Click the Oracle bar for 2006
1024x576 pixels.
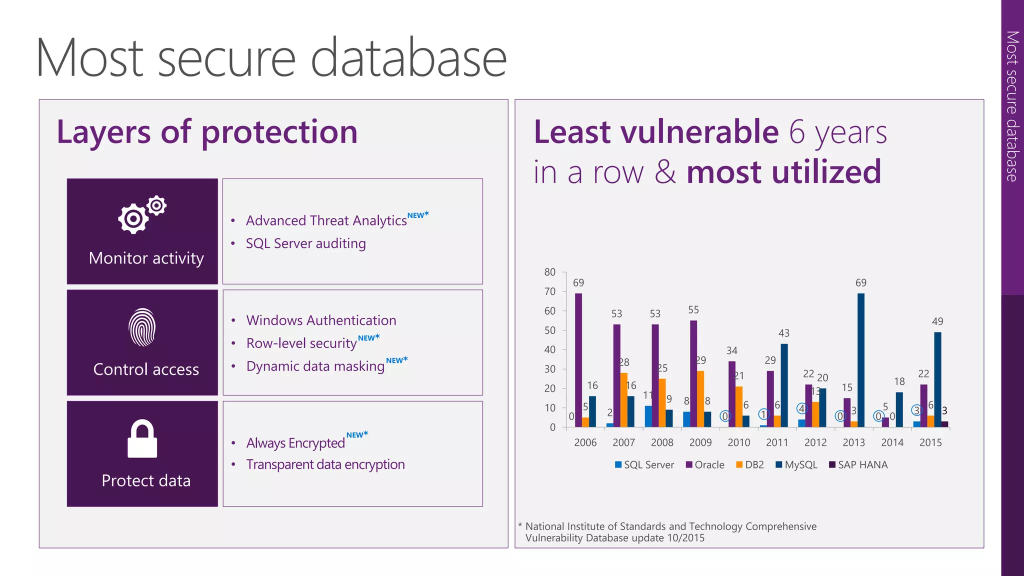click(578, 360)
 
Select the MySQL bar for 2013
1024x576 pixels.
click(860, 360)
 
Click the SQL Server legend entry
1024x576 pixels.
click(644, 465)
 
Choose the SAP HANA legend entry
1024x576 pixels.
click(858, 465)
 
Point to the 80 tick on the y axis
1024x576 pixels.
click(550, 272)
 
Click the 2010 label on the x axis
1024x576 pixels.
click(738, 442)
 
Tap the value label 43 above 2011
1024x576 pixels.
click(783, 333)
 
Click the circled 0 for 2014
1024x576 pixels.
click(878, 416)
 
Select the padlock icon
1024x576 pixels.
click(142, 438)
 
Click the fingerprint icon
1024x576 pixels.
click(142, 327)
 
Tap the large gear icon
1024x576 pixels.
click(133, 218)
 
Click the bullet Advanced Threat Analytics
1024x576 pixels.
click(326, 220)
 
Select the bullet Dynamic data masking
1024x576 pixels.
click(315, 366)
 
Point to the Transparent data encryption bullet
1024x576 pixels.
click(325, 464)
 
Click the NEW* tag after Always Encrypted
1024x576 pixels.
click(357, 434)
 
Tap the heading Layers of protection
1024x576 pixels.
click(207, 132)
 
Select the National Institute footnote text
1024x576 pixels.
click(670, 532)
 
